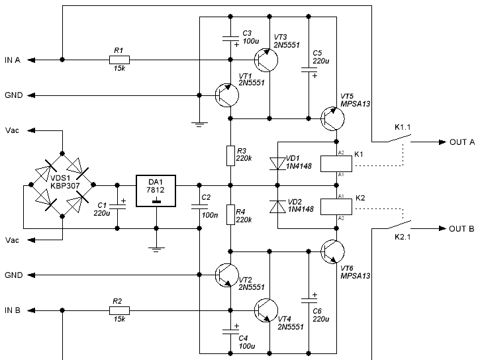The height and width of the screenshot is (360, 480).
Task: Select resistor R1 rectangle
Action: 119,60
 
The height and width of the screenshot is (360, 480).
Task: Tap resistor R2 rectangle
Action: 119,310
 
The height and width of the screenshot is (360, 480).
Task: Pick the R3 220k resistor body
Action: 230,156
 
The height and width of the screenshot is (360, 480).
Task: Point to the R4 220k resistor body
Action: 230,214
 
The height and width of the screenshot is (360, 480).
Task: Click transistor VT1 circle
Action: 227,95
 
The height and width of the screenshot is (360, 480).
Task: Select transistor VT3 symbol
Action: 266,60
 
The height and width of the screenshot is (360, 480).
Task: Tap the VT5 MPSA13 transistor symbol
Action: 332,118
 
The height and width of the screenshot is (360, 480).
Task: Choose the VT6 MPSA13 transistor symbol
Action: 332,251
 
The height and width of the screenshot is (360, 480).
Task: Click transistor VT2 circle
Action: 227,275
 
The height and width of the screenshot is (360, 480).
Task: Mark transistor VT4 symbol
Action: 266,310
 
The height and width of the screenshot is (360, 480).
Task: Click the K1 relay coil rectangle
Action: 336,163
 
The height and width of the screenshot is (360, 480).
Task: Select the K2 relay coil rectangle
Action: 336,206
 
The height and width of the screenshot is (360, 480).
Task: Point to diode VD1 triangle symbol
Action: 277,163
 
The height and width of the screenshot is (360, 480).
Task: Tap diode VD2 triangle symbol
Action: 277,206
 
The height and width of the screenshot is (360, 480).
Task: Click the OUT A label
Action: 462,142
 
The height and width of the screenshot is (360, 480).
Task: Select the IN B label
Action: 13,310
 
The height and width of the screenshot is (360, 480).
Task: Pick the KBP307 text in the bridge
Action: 65,186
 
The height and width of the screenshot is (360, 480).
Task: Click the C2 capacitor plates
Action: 199,206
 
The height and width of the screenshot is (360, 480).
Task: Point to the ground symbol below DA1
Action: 156,249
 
